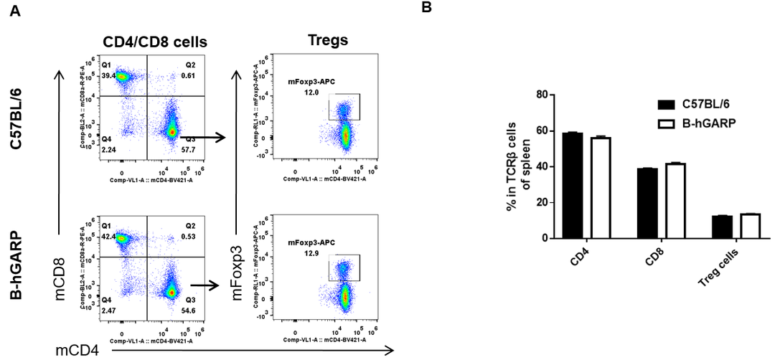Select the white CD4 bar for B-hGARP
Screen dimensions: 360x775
pyautogui.click(x=599, y=188)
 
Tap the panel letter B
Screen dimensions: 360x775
pyautogui.click(x=426, y=8)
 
